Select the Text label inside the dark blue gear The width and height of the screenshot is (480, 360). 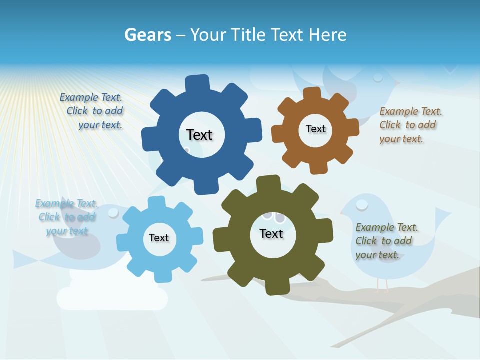pos(199,135)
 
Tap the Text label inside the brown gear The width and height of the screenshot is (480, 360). pos(315,129)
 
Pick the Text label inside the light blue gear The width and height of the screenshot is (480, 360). pos(159,238)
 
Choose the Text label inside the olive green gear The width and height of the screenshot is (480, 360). pos(271,233)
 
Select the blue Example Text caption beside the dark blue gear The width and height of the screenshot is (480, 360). pos(91,111)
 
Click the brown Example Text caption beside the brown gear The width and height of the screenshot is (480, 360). pos(410,125)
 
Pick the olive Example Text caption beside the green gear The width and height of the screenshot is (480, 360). pos(386,241)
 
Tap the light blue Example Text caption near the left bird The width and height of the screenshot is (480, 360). pos(66,217)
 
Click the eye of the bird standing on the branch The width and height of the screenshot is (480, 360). pos(362,204)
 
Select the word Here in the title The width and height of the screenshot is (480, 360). pos(327,35)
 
